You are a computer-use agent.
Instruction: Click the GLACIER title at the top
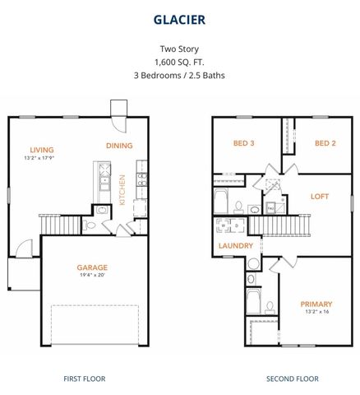click(x=179, y=18)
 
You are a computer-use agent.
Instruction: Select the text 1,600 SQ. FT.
click(x=179, y=62)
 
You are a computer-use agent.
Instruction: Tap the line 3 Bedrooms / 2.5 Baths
click(x=179, y=75)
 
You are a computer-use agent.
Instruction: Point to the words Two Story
click(x=179, y=49)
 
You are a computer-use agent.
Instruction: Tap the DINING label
click(x=119, y=146)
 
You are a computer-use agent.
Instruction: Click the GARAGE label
click(x=93, y=267)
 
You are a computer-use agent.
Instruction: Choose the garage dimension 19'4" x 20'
click(x=93, y=276)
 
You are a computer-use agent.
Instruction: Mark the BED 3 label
click(x=243, y=143)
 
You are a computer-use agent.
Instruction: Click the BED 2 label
click(x=325, y=143)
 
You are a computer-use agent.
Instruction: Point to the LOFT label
click(x=320, y=197)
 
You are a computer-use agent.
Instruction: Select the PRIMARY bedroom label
click(x=317, y=304)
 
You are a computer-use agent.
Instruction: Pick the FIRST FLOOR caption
click(x=84, y=379)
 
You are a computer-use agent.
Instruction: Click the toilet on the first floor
click(x=100, y=211)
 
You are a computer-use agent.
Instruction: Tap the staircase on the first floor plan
click(x=62, y=222)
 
